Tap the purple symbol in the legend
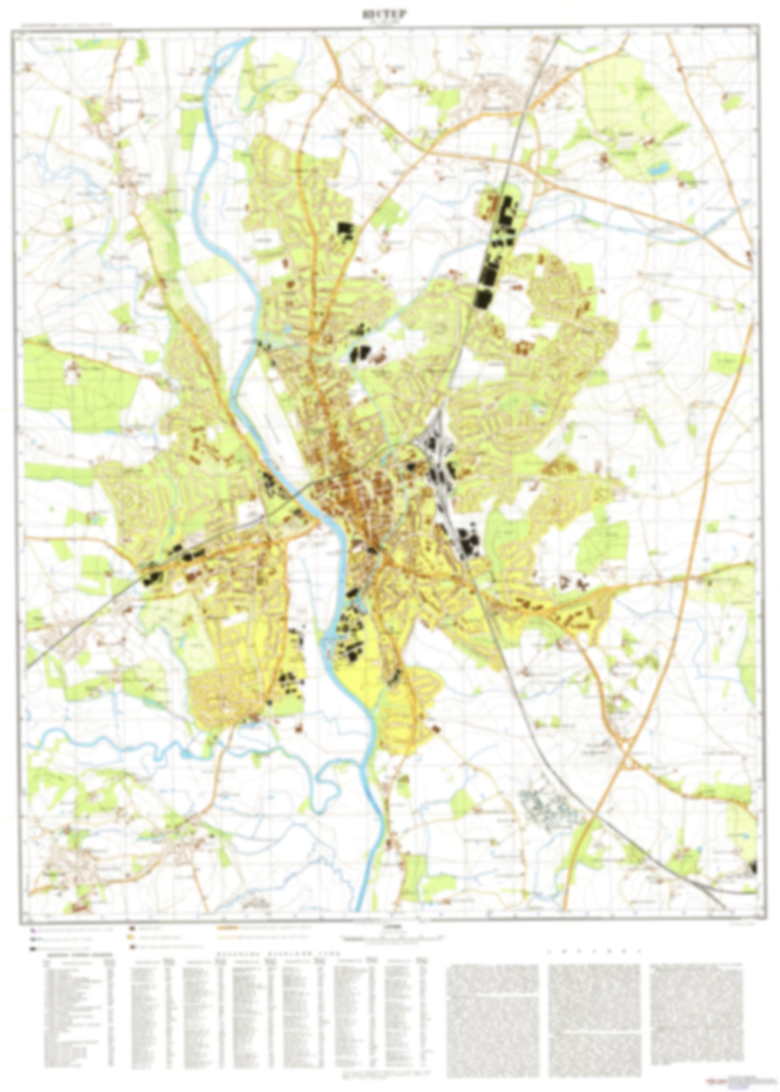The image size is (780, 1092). tap(33, 930)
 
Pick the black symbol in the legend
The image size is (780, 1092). tap(33, 948)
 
